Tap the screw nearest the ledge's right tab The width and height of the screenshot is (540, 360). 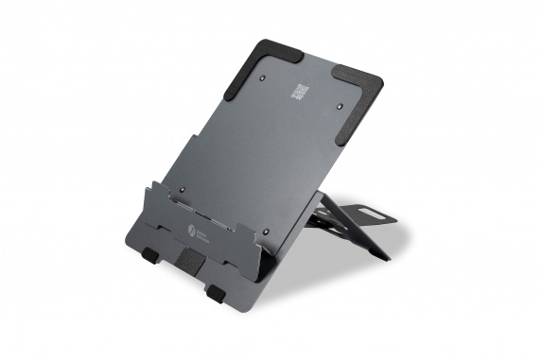click(x=268, y=228)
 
